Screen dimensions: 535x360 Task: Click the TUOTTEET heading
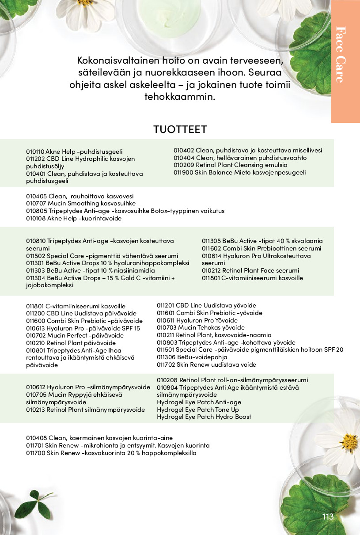coord(180,129)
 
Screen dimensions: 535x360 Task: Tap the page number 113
coord(328,517)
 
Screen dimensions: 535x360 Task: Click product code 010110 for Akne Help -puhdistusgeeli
coord(35,152)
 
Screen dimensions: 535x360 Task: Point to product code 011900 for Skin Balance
coord(183,173)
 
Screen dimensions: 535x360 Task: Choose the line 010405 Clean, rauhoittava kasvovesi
coord(80,196)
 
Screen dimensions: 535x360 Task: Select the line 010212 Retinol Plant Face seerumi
coord(250,271)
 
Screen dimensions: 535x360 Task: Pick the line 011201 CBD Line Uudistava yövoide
coord(206,305)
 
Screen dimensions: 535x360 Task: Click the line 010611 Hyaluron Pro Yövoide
coord(197,320)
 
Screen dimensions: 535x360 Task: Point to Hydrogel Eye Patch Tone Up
coord(197,410)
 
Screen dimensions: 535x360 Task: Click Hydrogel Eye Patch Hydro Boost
coord(204,417)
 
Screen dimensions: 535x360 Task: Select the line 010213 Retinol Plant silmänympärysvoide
coord(85,410)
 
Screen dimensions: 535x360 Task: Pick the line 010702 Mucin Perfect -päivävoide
coord(75,335)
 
